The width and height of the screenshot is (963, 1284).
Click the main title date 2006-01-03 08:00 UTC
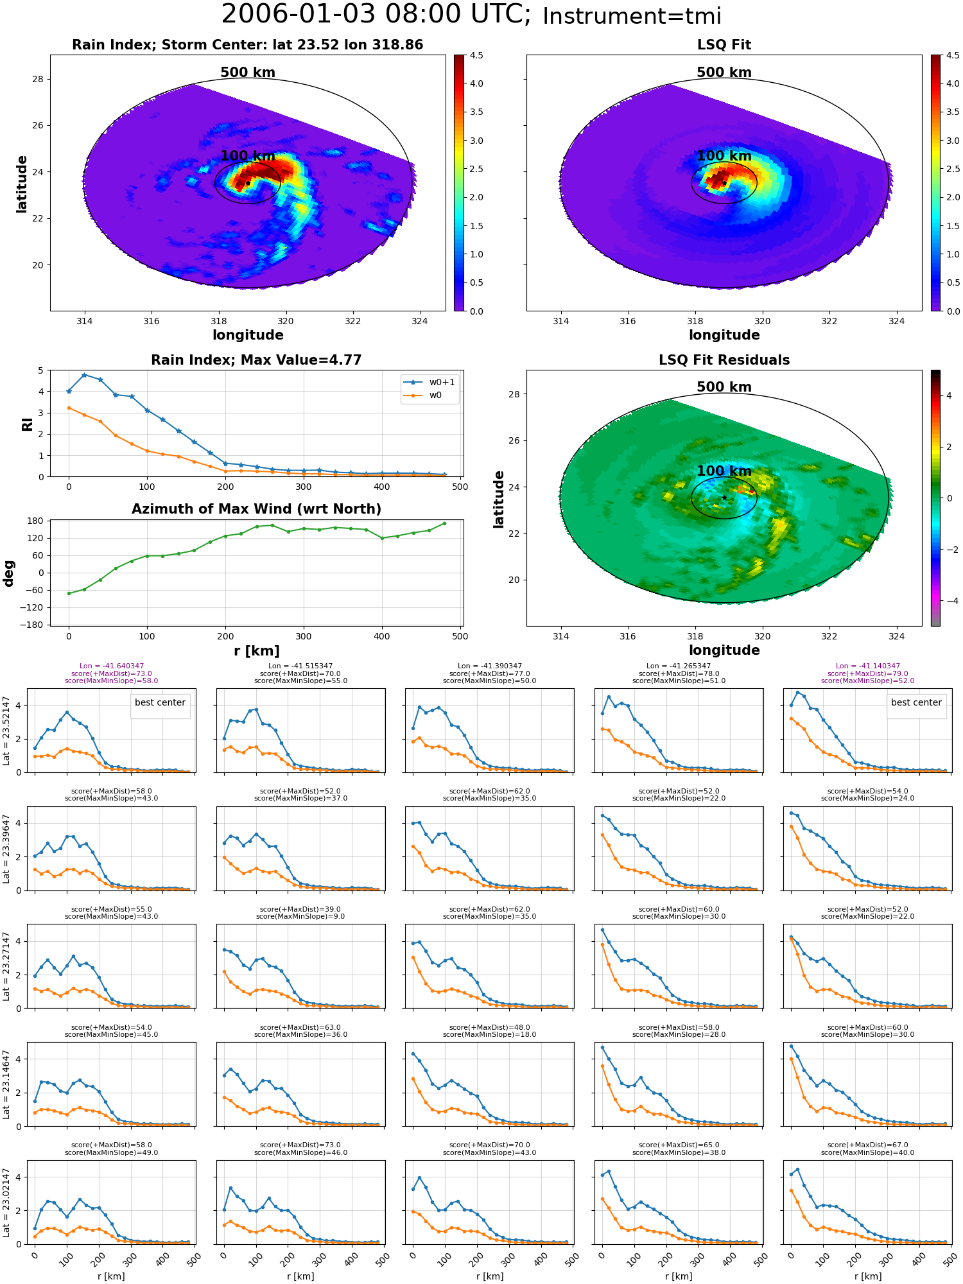[x=376, y=15]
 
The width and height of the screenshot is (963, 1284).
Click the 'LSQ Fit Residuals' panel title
[x=724, y=360]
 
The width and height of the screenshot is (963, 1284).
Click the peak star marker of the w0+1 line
[x=84, y=375]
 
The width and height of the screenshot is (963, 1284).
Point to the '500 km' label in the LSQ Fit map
[x=724, y=73]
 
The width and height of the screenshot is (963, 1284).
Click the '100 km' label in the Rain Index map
[x=248, y=156]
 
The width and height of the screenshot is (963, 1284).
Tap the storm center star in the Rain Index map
[x=248, y=183]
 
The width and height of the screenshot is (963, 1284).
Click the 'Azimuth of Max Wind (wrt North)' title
[x=256, y=509]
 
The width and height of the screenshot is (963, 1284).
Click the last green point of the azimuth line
[x=444, y=523]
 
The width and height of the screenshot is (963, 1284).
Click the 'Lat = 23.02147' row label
[x=6, y=1202]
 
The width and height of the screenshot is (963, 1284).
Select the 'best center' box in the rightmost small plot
[x=916, y=703]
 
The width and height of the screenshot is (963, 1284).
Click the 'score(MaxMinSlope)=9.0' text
[x=300, y=917]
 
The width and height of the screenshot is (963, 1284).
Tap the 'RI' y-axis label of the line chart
[x=28, y=424]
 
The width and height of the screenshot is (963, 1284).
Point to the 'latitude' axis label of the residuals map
[x=498, y=499]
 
